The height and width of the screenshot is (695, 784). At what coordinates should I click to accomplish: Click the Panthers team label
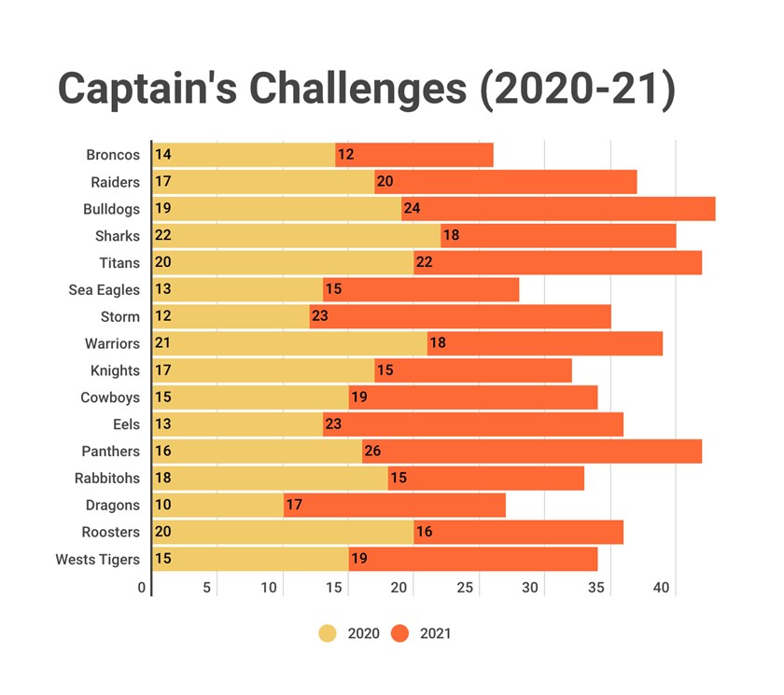coord(112,452)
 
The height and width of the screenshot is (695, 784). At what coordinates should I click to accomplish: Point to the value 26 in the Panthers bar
coord(372,452)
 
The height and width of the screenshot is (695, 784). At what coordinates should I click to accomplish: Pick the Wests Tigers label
coord(98,560)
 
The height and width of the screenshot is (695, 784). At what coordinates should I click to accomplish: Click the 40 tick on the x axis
coord(661,588)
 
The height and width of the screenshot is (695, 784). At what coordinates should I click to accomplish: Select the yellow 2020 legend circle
coord(328,633)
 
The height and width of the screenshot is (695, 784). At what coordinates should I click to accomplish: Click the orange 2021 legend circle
coord(400,633)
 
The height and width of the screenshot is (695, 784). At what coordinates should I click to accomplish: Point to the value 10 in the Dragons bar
coord(162,506)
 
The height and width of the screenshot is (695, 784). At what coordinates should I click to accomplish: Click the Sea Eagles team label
coord(105,290)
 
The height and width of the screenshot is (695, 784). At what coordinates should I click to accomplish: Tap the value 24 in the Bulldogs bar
coord(412,209)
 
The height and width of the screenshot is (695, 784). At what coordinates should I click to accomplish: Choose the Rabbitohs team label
coord(107,479)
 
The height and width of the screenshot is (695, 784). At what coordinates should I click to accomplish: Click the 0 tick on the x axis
coord(142,588)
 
